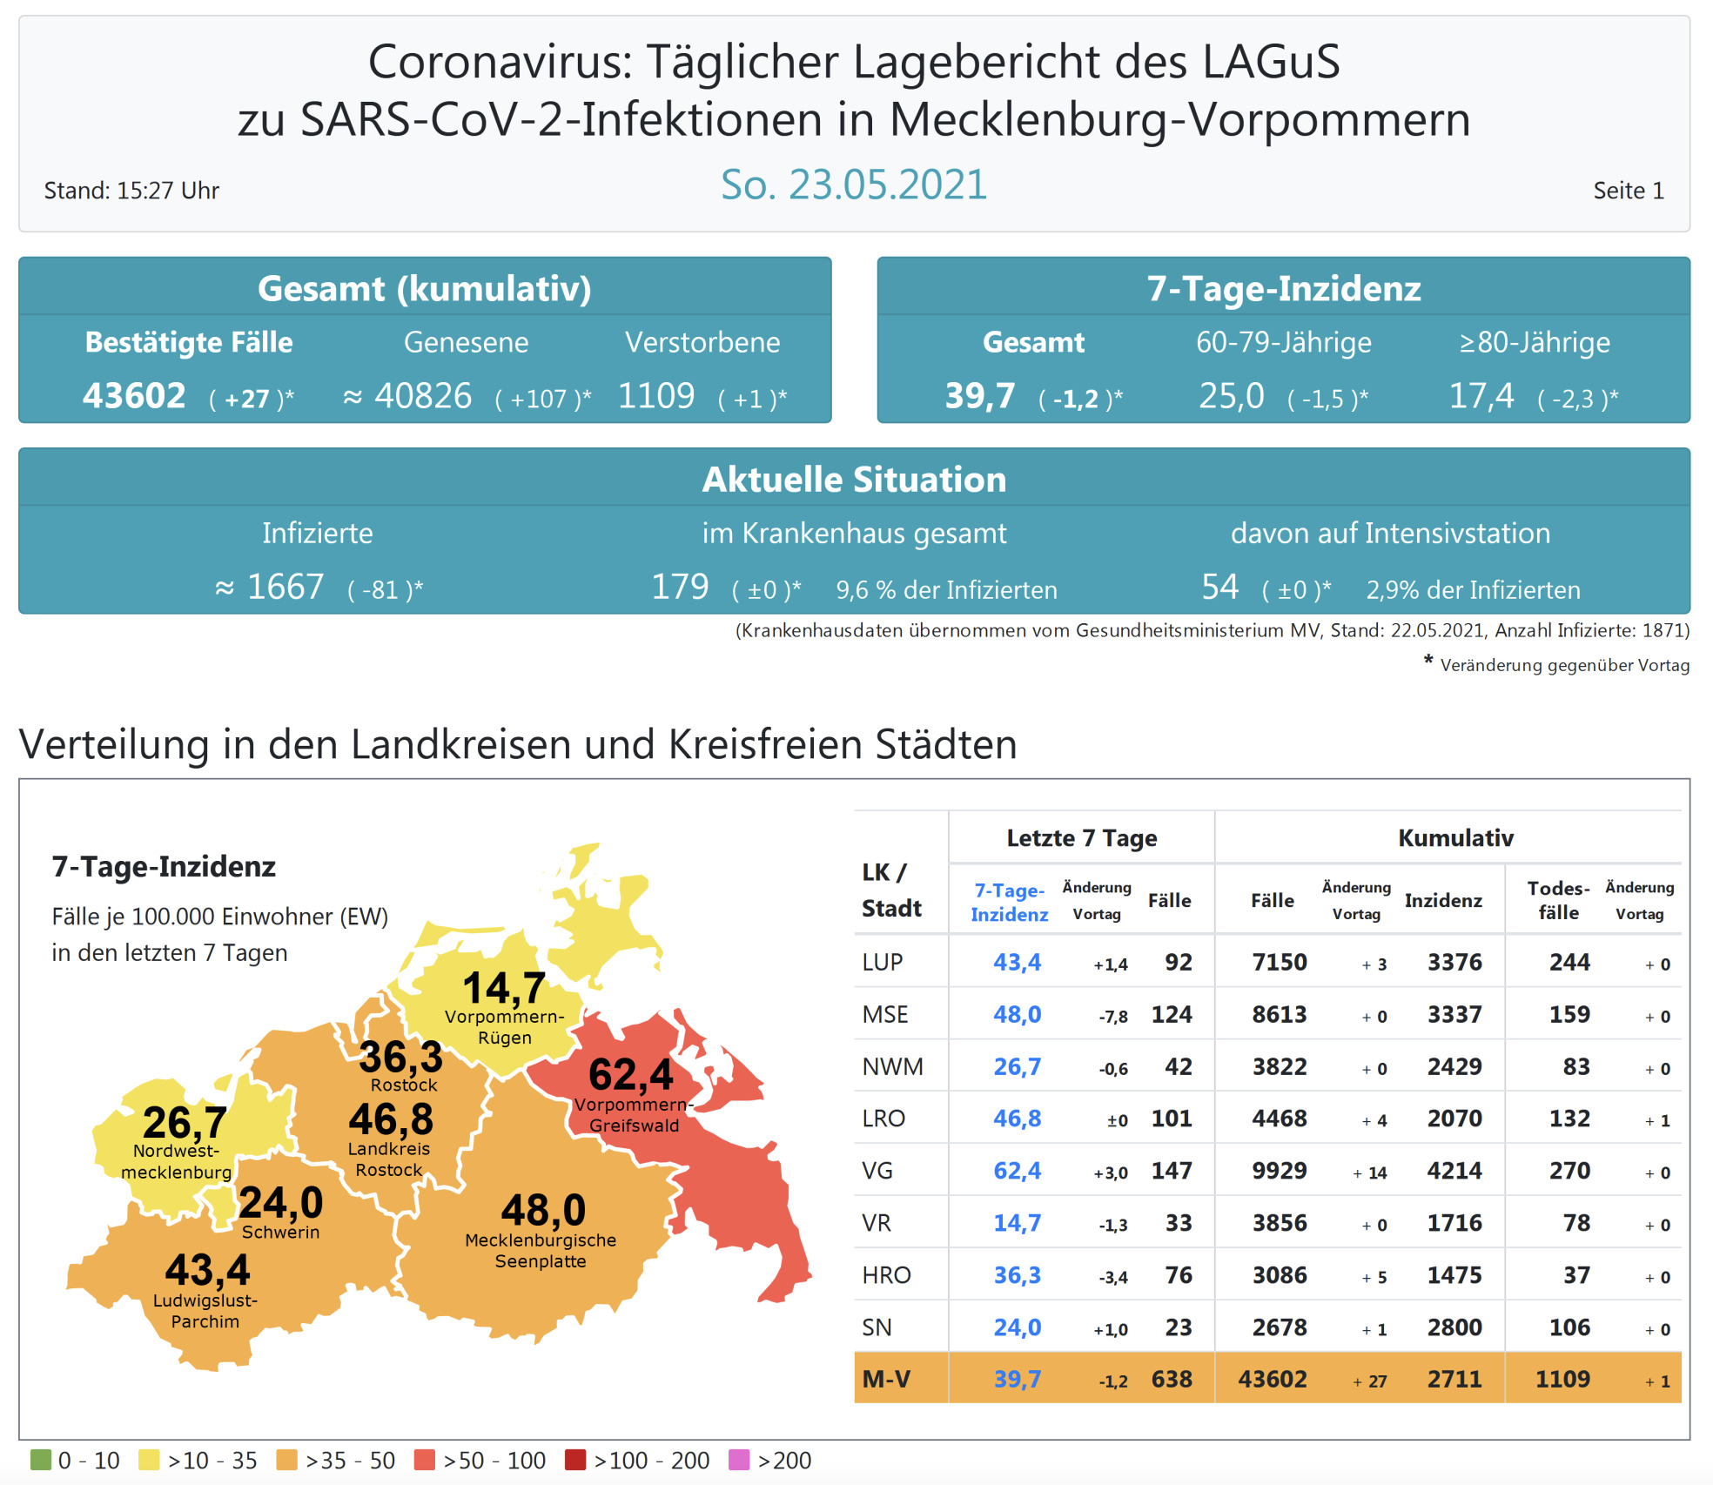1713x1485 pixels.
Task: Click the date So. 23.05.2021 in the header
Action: click(854, 185)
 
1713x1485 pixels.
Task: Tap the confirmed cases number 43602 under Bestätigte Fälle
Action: click(134, 396)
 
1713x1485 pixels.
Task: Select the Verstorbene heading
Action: click(702, 342)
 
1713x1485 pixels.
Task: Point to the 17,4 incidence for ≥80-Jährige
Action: click(1481, 396)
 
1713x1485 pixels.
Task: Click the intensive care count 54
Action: click(1219, 587)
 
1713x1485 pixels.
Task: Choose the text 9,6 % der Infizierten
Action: click(946, 590)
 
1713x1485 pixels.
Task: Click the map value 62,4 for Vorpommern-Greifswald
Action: click(631, 1074)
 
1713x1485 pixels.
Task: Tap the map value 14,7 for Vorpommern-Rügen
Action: click(504, 988)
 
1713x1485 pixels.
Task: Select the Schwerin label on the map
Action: click(280, 1233)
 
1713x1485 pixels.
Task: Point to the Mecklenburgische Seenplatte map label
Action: click(541, 1251)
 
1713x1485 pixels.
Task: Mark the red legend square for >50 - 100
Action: click(425, 1460)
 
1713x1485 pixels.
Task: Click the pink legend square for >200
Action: click(739, 1460)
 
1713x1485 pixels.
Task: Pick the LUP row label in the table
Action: click(883, 963)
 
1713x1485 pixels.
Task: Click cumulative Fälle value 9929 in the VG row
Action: click(1280, 1171)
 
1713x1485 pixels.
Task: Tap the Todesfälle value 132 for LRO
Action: click(1569, 1119)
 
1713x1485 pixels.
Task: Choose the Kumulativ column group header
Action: click(1455, 838)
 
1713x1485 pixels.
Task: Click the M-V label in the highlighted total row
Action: click(886, 1380)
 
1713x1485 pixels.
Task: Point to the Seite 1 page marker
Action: click(1628, 191)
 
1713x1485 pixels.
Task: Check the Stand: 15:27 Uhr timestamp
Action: click(131, 191)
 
